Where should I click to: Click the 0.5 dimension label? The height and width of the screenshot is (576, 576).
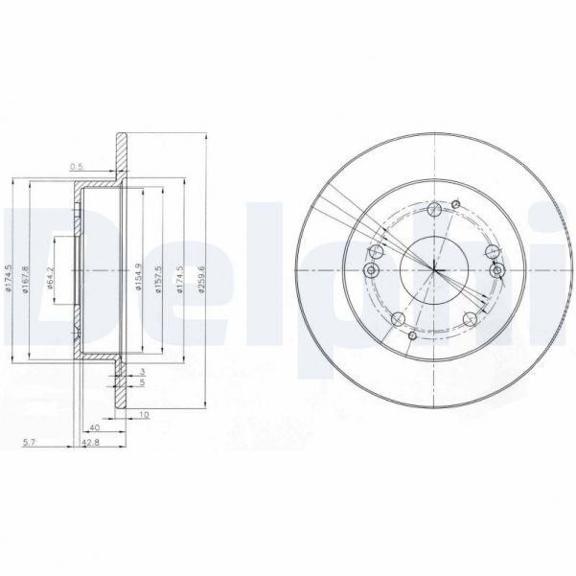click(x=77, y=167)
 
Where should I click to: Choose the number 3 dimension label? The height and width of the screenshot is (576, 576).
click(x=142, y=371)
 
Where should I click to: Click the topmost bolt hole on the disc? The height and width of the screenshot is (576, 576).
click(x=437, y=210)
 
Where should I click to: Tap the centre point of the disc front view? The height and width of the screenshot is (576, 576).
click(x=434, y=270)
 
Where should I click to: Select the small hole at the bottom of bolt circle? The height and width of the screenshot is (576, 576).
click(x=410, y=335)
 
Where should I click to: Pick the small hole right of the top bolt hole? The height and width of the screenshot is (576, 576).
click(x=457, y=204)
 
